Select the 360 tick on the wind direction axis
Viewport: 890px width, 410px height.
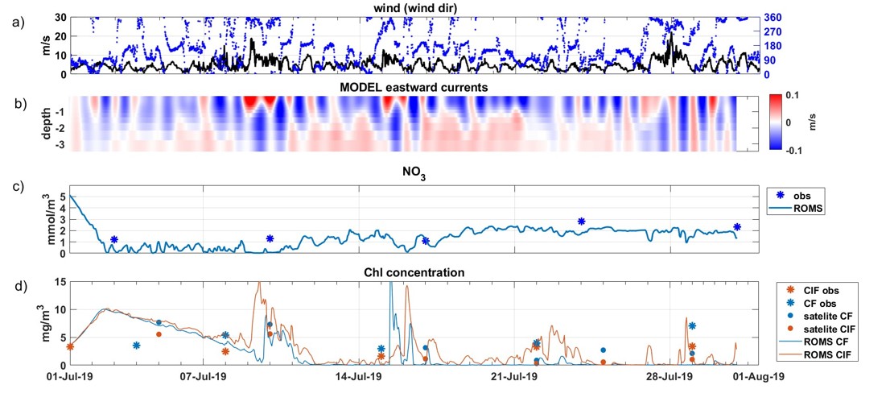775,18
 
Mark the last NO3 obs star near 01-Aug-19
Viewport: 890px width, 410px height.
737,227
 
